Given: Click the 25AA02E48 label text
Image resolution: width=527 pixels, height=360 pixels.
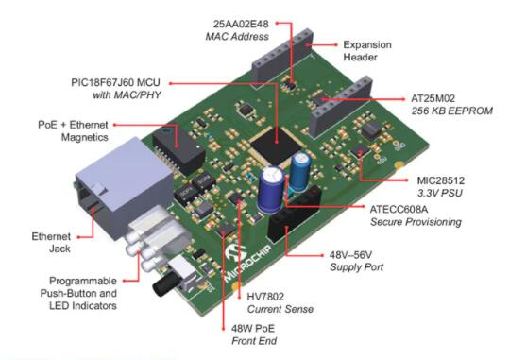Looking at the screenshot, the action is (241, 24).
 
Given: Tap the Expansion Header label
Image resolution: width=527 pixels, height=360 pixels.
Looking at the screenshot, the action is (367, 51).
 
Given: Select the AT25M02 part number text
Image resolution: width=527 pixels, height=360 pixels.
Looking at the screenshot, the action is (433, 98).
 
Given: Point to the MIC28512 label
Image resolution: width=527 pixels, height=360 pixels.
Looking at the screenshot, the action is (441, 180).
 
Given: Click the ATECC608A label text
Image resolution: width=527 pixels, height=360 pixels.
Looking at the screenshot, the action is (399, 210).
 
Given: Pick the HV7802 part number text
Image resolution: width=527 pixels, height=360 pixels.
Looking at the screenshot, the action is (265, 297).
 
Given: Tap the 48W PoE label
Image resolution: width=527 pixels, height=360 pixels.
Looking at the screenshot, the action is (253, 328).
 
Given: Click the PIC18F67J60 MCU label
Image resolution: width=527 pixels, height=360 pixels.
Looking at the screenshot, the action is (115, 83).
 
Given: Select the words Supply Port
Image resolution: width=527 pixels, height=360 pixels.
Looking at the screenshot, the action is (356, 267).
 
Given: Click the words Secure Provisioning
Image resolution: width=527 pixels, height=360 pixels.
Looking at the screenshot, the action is (416, 222).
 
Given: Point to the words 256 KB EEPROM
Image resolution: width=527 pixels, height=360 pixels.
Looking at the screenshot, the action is (452, 111).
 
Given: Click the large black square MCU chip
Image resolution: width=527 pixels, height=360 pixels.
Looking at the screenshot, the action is (275, 146).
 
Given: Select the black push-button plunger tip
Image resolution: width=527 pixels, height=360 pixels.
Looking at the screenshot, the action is (161, 285).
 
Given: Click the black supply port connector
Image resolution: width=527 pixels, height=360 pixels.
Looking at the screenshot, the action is (295, 213).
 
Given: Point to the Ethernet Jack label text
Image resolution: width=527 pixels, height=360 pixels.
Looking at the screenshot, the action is (51, 243).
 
